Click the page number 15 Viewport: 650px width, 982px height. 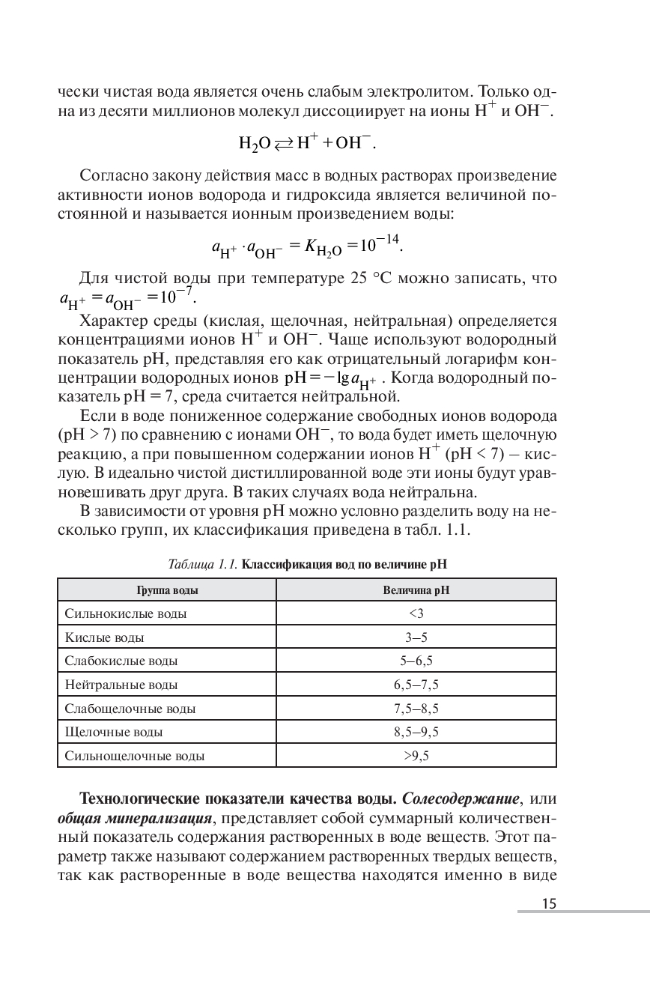tap(549, 904)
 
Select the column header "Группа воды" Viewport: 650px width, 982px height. tap(167, 590)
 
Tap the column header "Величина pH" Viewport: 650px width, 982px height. tap(416, 590)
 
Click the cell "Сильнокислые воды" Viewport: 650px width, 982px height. tap(126, 614)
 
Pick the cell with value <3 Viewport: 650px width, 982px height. tap(416, 614)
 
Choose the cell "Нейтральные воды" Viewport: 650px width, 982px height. tap(121, 685)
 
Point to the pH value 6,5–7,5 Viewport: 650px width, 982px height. tap(416, 685)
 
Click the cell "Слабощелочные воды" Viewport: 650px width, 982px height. tap(130, 709)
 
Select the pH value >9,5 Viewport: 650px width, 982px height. tap(416, 756)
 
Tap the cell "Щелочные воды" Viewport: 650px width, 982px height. tap(114, 732)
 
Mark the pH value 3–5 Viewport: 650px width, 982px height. tap(416, 638)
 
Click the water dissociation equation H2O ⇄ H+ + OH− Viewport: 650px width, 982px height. tap(306, 143)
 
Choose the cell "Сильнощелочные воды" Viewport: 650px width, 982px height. tap(135, 756)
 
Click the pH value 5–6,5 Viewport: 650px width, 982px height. tap(416, 661)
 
